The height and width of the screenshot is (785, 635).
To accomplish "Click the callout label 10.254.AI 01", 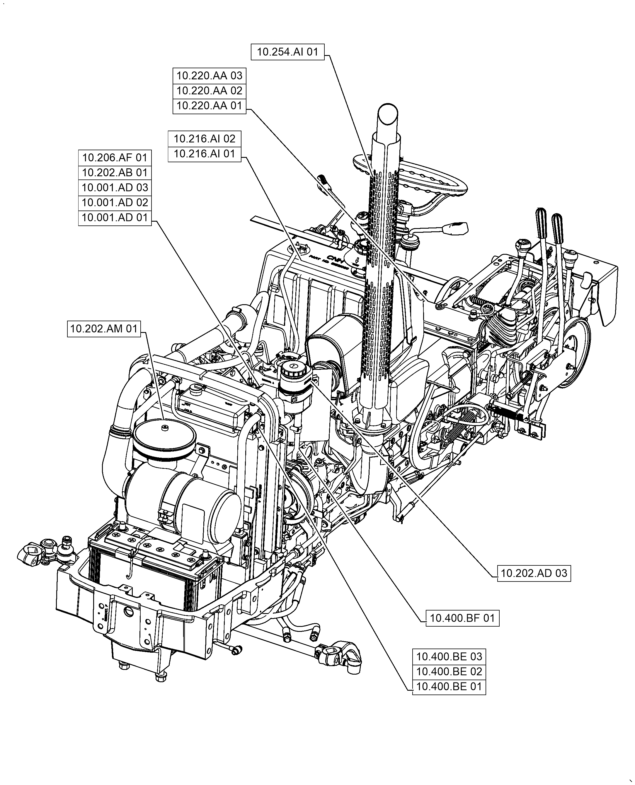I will [287, 52].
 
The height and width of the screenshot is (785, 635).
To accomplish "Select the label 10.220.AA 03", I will [209, 76].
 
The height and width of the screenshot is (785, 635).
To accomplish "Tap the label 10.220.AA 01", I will [209, 106].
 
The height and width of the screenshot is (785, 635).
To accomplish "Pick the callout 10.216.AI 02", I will [204, 139].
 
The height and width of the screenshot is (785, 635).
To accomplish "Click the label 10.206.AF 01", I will [115, 158].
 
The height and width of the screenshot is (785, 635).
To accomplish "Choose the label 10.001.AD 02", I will [115, 202].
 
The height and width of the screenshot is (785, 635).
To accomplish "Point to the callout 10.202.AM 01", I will [104, 329].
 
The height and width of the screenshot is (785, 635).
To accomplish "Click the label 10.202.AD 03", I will [534, 573].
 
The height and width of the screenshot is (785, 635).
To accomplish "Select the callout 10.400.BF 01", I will [462, 618].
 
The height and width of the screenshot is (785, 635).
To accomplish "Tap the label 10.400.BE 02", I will [449, 672].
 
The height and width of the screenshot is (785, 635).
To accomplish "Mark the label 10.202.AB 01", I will [115, 172].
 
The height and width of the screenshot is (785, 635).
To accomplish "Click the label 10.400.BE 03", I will [449, 657].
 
